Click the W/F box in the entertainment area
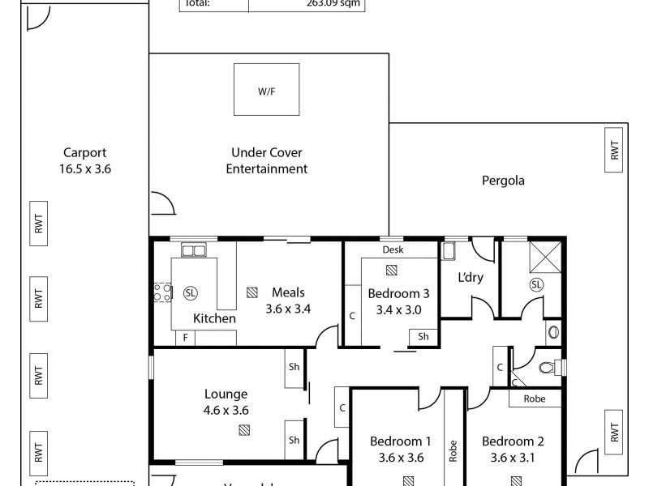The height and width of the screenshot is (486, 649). (267, 91)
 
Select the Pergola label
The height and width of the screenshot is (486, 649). (502, 181)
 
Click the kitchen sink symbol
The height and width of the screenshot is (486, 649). (193, 250)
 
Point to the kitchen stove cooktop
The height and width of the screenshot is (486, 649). (161, 292)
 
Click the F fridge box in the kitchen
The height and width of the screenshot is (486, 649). (186, 338)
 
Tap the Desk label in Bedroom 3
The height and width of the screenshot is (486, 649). (392, 250)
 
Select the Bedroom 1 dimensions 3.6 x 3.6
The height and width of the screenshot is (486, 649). (400, 458)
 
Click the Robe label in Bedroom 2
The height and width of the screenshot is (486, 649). (535, 399)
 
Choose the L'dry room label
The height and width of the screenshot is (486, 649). (471, 277)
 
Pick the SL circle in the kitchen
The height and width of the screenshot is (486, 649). (191, 292)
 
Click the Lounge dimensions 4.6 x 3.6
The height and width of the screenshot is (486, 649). (226, 410)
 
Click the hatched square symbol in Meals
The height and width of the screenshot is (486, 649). (252, 292)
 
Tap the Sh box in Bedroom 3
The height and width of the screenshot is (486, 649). (423, 336)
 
